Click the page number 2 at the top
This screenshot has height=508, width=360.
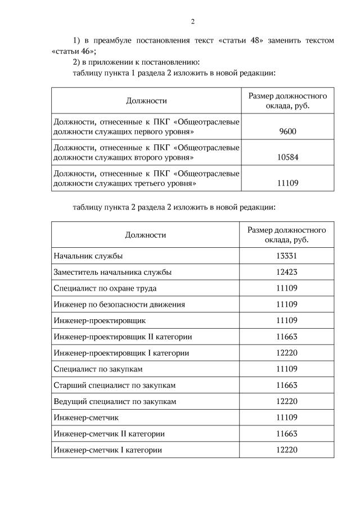click(x=192, y=22)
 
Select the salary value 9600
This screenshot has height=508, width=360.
click(x=287, y=131)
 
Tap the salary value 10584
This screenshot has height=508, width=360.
click(x=287, y=157)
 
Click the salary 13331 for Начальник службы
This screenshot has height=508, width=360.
click(x=286, y=256)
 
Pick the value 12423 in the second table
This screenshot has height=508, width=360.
click(x=286, y=272)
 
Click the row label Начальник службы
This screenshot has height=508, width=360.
click(x=88, y=256)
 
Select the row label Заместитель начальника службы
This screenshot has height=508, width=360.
click(x=112, y=272)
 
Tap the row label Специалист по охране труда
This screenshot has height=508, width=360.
click(x=105, y=288)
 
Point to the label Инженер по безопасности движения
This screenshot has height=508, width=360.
click(x=119, y=305)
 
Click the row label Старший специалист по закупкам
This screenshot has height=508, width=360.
click(x=115, y=385)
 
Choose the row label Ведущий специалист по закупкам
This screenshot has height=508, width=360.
click(x=115, y=402)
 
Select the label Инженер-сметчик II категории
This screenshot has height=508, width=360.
click(x=109, y=434)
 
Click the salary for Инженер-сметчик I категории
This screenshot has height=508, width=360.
click(x=286, y=451)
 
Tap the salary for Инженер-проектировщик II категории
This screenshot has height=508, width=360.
click(x=286, y=337)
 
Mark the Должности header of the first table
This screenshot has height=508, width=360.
click(x=146, y=101)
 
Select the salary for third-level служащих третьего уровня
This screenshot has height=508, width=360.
click(x=287, y=183)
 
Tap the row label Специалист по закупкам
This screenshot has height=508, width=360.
click(x=98, y=369)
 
